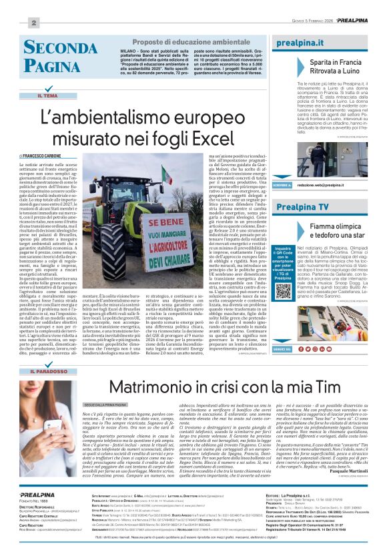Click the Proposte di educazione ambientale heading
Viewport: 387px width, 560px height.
point(181,42)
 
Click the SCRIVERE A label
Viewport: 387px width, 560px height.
point(282,184)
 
